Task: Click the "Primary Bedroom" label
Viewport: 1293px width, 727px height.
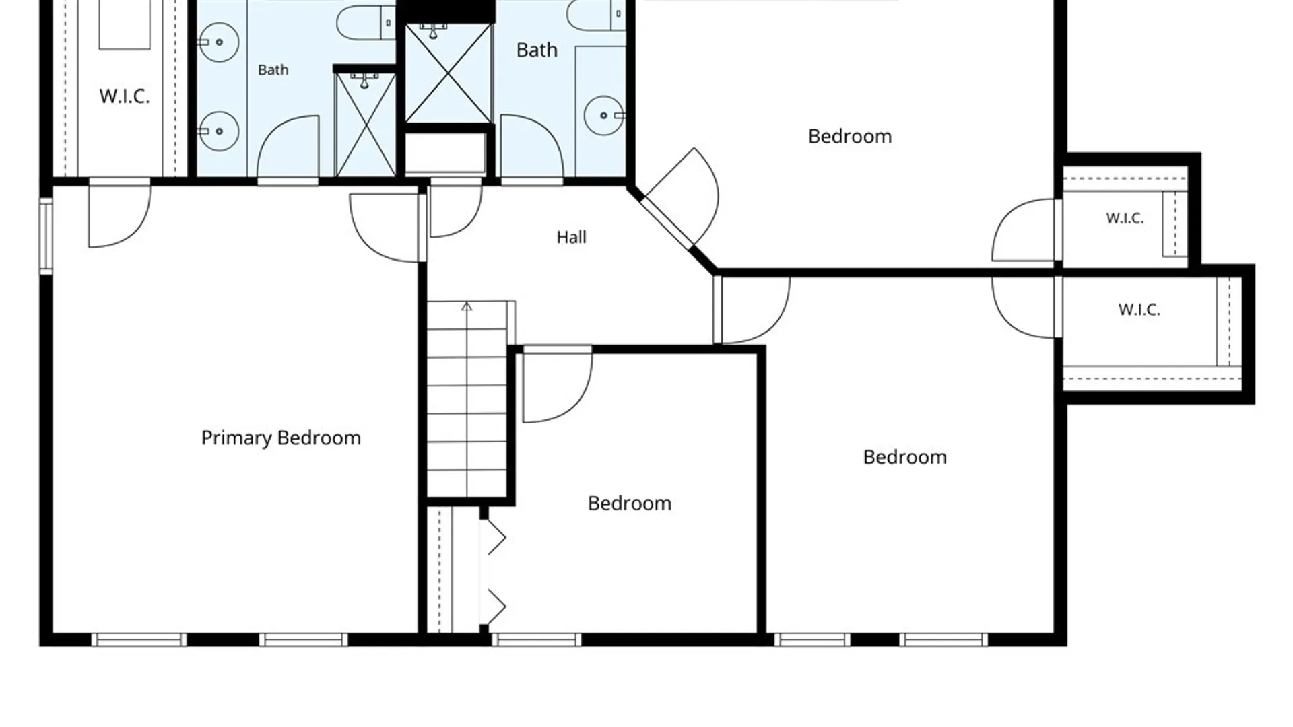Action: pyautogui.click(x=281, y=438)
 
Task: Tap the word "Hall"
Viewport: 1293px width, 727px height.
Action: pyautogui.click(x=571, y=237)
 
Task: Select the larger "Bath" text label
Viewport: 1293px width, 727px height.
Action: pyautogui.click(x=537, y=50)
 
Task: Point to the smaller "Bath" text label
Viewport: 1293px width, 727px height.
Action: pyautogui.click(x=273, y=70)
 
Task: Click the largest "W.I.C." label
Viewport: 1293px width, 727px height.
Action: pyautogui.click(x=124, y=96)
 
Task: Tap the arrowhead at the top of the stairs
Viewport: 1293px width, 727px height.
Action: pyautogui.click(x=467, y=307)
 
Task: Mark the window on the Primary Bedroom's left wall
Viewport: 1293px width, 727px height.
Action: pyautogui.click(x=46, y=236)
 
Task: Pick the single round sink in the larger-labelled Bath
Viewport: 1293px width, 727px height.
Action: pyautogui.click(x=603, y=116)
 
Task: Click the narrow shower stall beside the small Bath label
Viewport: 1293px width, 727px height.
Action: pyautogui.click(x=365, y=125)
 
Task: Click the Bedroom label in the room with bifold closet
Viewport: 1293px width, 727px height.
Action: pyautogui.click(x=629, y=504)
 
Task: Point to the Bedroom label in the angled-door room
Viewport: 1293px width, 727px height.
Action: pyautogui.click(x=850, y=137)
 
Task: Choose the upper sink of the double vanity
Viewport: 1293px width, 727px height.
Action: pyautogui.click(x=218, y=42)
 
